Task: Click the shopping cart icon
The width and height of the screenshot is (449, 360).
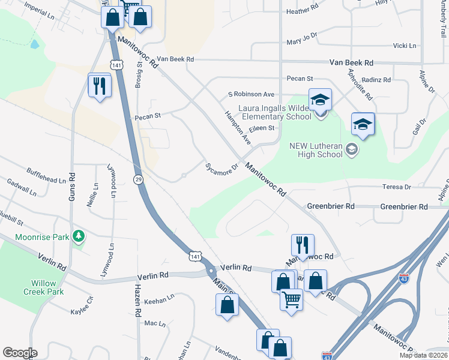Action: (291, 298)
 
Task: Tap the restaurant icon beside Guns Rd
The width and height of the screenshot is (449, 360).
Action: (99, 85)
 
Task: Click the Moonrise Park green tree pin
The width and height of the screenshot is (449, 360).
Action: (78, 237)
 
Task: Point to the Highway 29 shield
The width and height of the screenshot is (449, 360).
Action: (138, 179)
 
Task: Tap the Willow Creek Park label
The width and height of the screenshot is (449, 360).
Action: (44, 287)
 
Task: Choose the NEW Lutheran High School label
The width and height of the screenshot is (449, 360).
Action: (316, 150)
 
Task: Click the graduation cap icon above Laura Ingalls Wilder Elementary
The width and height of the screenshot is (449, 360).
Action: (320, 100)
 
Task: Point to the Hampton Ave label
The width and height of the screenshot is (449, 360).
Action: (238, 127)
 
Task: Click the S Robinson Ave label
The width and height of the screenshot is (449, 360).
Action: (251, 94)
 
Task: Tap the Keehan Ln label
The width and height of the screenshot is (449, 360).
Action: (158, 296)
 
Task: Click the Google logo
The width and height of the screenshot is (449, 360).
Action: (20, 353)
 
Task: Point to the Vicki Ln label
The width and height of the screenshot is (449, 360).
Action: (404, 46)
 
